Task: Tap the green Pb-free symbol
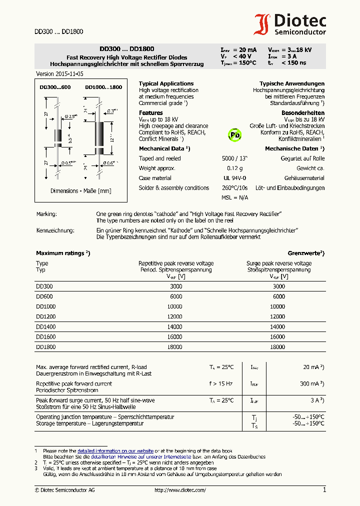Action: point(235,134)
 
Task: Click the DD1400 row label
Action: point(46,326)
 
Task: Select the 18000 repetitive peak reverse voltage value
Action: point(174,346)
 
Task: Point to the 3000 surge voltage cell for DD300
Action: point(278,286)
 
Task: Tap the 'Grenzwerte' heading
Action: point(306,253)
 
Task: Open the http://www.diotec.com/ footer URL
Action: point(178,490)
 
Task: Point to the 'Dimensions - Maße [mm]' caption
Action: point(80,191)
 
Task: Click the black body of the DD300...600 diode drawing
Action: point(57,135)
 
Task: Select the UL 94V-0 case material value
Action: point(232,178)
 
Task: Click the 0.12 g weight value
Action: point(234,168)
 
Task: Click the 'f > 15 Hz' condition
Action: point(221,383)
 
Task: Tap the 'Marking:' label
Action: point(46,214)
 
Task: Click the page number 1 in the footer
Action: point(324,490)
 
